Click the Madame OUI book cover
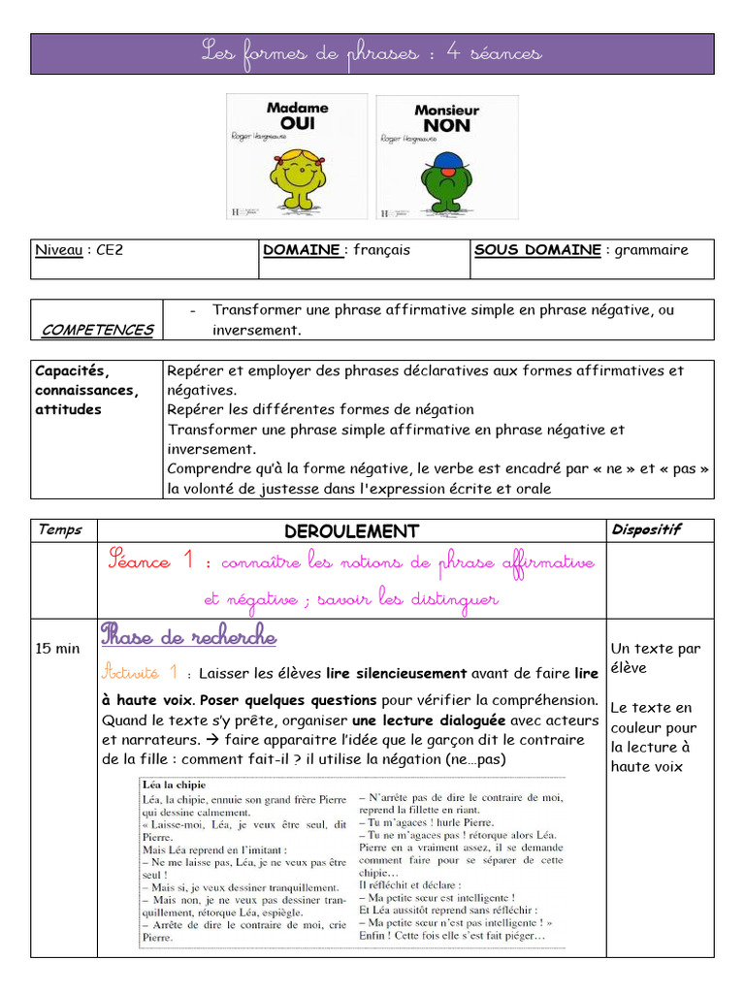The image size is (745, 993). tap(297, 156)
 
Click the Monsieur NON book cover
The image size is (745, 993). tap(447, 156)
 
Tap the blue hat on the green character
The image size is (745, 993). tap(445, 160)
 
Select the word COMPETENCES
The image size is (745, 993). tap(97, 330)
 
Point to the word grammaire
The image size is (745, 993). tap(651, 250)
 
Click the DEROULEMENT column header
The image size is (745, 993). tap(351, 531)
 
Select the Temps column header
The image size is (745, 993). tap(60, 529)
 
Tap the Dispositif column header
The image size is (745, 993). tap(646, 529)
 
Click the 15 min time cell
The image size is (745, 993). tap(58, 648)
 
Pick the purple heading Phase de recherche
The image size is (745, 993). tap(188, 637)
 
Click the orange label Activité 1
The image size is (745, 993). tap(140, 671)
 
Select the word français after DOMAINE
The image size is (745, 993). tap(381, 250)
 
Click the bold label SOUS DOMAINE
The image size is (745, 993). tap(536, 250)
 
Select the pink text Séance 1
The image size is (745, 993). tap(153, 561)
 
